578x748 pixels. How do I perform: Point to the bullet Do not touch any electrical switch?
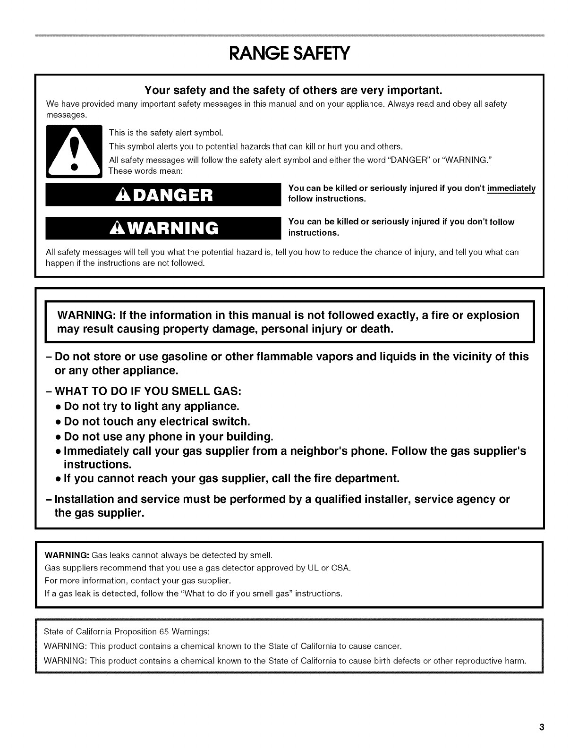coord(156,421)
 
